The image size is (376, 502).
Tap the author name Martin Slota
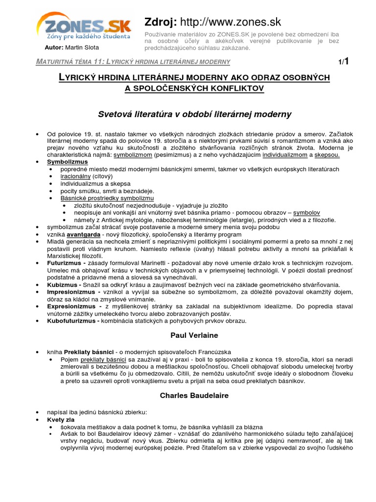pyautogui.click(x=82, y=48)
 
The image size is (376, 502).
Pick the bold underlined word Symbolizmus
pyautogui.click(x=68, y=161)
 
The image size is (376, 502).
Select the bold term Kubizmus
pyautogui.click(x=62, y=285)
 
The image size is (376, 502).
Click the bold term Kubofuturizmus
pyautogui.click(x=71, y=321)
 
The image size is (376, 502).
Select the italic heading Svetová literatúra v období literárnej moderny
pyautogui.click(x=194, y=114)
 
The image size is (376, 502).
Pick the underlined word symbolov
pyautogui.click(x=306, y=213)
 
